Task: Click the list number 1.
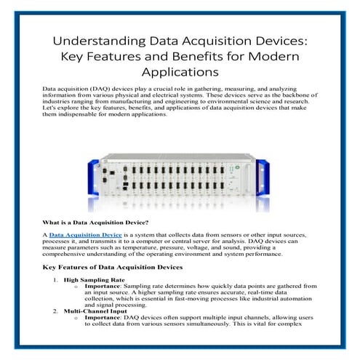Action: (x=55, y=279)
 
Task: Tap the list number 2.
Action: (x=55, y=311)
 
